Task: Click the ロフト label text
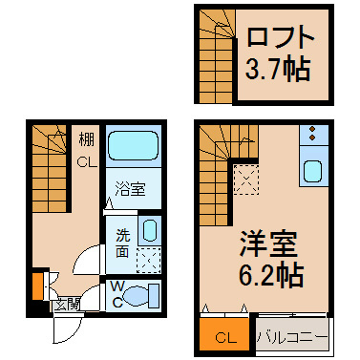280,36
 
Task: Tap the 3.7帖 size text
278,69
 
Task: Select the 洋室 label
268,244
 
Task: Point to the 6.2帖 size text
270,275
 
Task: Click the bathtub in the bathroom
134,145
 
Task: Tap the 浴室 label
131,188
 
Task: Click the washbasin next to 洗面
149,230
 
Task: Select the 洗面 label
122,244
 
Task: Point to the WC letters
117,295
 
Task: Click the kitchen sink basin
312,171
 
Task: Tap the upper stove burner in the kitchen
312,129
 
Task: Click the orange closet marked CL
225,335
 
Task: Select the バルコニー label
292,338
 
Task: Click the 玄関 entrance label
66,306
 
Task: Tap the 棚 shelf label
87,140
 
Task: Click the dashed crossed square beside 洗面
149,260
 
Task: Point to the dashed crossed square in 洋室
246,180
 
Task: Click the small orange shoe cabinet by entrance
37,286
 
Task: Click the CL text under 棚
87,162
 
